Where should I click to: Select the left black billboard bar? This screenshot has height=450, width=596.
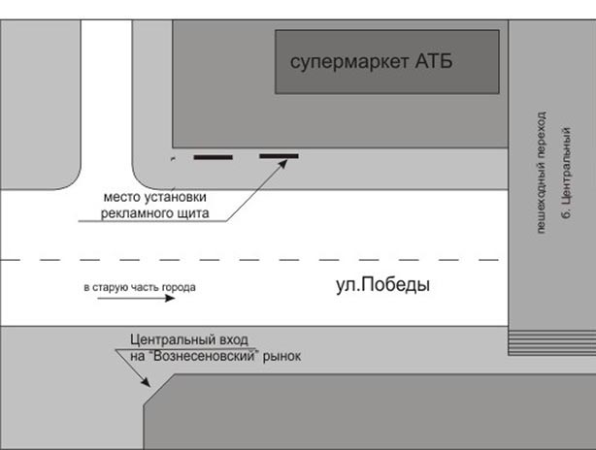[x=214, y=156]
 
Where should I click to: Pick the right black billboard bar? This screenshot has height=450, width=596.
[x=278, y=156]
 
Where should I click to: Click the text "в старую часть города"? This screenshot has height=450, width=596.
[x=140, y=288]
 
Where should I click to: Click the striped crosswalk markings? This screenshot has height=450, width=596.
[x=551, y=340]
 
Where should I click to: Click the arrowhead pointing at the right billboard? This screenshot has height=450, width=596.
[x=285, y=163]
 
